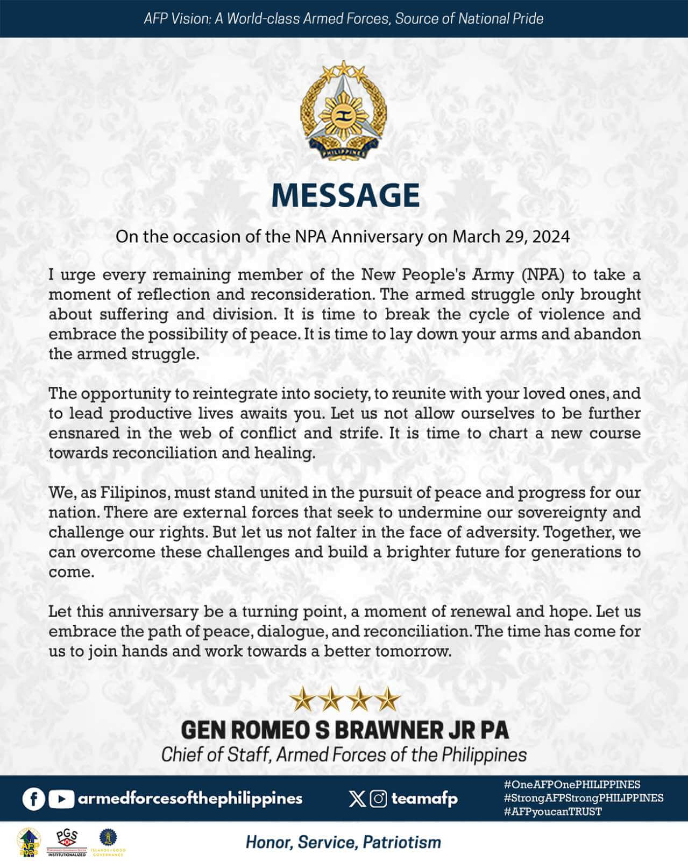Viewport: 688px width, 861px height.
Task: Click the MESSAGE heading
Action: click(x=345, y=195)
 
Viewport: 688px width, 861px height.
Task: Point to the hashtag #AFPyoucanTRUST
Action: click(x=552, y=811)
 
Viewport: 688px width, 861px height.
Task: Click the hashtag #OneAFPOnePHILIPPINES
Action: click(x=572, y=785)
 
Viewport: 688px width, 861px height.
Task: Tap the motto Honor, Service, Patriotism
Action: click(x=343, y=842)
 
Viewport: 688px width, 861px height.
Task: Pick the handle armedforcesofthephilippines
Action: click(x=190, y=799)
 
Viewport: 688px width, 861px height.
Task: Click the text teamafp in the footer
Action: click(x=424, y=799)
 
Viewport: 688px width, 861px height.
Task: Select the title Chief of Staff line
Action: click(x=344, y=754)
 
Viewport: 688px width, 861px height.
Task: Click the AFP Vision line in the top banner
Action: click(x=344, y=19)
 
